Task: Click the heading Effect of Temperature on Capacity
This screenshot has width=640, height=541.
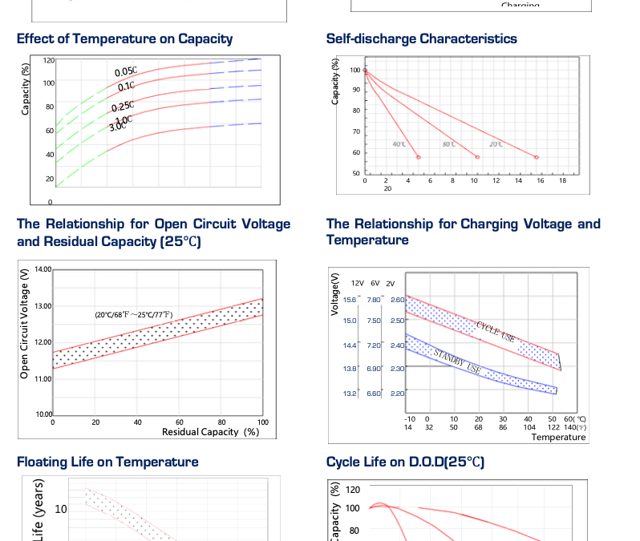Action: tap(124, 38)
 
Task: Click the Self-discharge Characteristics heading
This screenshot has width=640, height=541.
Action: tap(421, 38)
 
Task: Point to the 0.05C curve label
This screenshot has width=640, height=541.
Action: tap(126, 73)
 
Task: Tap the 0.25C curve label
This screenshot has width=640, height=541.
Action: tap(123, 107)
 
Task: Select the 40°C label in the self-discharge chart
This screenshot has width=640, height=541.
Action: tap(399, 144)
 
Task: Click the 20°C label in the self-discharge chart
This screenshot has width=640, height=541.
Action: tap(496, 144)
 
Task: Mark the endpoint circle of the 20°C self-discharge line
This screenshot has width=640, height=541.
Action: tap(537, 157)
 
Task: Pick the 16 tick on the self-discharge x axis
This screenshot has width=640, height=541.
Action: tap(540, 181)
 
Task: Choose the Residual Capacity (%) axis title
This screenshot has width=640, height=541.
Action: tap(210, 432)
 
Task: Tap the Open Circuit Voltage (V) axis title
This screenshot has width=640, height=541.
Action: tap(25, 325)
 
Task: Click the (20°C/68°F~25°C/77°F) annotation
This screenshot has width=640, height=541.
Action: tap(133, 315)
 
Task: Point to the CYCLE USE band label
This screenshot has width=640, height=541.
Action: tap(496, 333)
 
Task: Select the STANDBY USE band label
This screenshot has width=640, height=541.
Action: tap(457, 361)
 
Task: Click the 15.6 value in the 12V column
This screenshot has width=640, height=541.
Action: tap(350, 300)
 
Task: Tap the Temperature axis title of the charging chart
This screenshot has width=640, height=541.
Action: tap(558, 438)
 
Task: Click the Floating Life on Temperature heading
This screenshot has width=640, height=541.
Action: tap(107, 462)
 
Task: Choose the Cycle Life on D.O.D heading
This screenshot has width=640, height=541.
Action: tap(405, 462)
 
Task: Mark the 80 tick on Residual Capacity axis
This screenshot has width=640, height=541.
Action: tap(221, 422)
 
